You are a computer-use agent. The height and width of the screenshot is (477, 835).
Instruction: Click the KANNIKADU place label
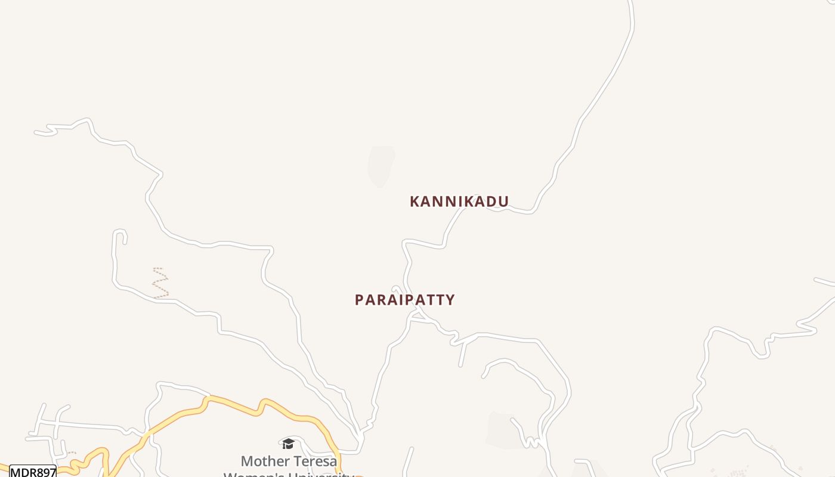(459, 202)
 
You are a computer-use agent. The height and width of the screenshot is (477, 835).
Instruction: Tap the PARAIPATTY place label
(404, 300)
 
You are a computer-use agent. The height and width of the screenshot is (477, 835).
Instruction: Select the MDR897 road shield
(33, 472)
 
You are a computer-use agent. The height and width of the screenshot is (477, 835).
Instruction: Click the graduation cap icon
(289, 444)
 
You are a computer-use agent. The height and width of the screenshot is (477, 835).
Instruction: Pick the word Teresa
(315, 461)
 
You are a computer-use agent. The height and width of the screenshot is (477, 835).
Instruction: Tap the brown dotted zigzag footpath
(160, 283)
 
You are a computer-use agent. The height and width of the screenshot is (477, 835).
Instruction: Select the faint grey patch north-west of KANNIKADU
(381, 166)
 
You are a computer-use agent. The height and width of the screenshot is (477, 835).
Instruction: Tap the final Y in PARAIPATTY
(450, 300)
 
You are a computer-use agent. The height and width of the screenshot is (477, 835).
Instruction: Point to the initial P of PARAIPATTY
(359, 300)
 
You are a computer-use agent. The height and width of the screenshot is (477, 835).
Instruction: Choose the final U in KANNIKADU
(503, 202)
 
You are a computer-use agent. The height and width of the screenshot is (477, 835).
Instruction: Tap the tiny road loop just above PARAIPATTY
(395, 290)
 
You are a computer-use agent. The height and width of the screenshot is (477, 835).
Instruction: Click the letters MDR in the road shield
(22, 472)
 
